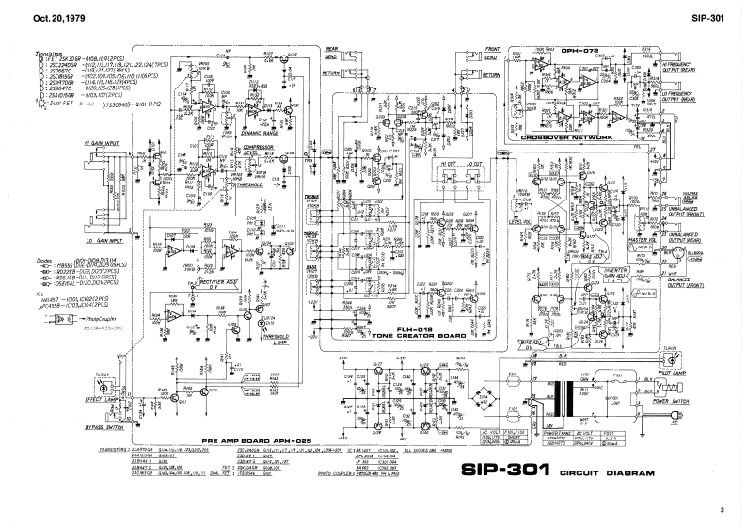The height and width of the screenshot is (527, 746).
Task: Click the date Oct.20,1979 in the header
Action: (x=34, y=17)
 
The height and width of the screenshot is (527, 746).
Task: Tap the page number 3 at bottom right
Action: (x=722, y=510)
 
